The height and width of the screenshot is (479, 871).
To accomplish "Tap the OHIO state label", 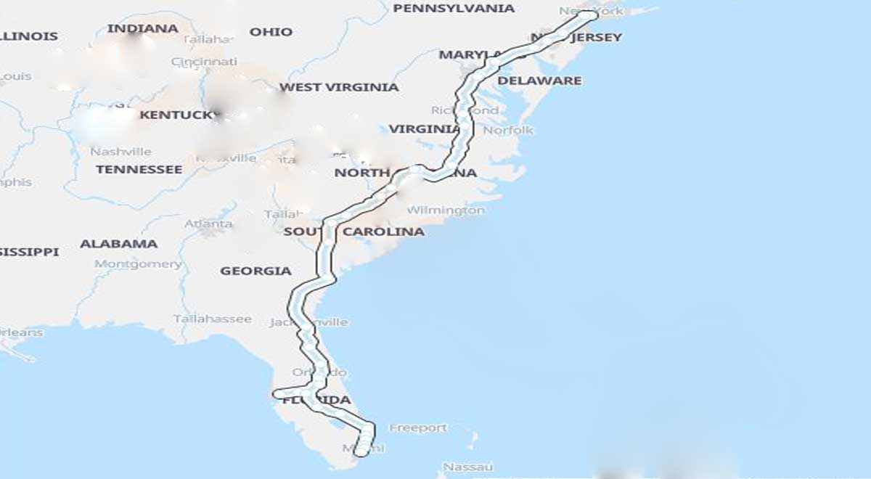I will pos(271,32).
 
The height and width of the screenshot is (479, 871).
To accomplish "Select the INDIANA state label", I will pos(142,29).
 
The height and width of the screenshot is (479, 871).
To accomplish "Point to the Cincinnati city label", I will pos(204,62).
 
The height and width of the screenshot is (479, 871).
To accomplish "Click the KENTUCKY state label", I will pos(177,115).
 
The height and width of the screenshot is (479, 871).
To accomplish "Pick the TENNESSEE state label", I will pos(139,169).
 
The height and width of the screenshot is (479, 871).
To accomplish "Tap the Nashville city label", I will pos(120,152).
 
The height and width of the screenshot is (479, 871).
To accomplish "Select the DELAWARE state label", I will pos(539,81).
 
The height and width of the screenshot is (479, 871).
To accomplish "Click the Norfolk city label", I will pos(508,130).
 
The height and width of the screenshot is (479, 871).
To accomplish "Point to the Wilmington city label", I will pos(446,210).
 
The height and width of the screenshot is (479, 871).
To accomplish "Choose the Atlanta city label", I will pos(208,224).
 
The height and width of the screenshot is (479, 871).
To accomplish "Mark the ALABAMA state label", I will pos(118,244).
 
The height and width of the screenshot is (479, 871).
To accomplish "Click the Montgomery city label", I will pos(138,264).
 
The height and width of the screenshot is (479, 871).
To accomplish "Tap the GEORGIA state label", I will pos(255,271).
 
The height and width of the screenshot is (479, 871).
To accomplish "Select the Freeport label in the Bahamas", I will pos(418,428).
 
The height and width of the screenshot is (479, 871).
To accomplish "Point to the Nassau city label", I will pos(468,467).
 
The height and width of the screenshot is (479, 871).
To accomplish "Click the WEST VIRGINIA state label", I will pos(339,87).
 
